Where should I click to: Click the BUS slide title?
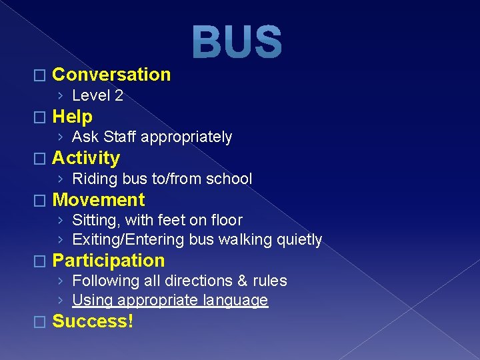[x=237, y=41]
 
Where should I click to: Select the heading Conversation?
[x=111, y=75]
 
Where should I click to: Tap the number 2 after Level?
[x=119, y=96]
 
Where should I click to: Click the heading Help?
[x=72, y=117]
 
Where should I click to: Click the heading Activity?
[x=86, y=158]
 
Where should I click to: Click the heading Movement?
[x=98, y=199]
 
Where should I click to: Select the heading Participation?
[x=109, y=260]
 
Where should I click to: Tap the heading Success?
[x=93, y=321]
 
